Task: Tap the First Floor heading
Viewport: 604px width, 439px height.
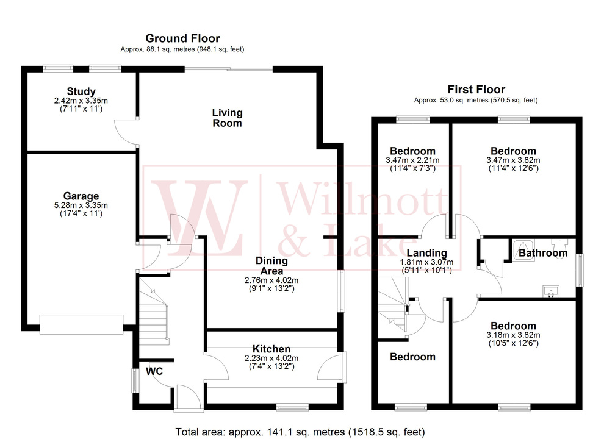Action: point(476,90)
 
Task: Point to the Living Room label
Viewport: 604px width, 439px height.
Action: point(227,118)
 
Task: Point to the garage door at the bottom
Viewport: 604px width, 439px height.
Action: point(82,324)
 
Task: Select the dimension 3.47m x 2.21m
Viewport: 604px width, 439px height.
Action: point(412,160)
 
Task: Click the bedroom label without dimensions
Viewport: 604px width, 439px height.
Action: point(413,357)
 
